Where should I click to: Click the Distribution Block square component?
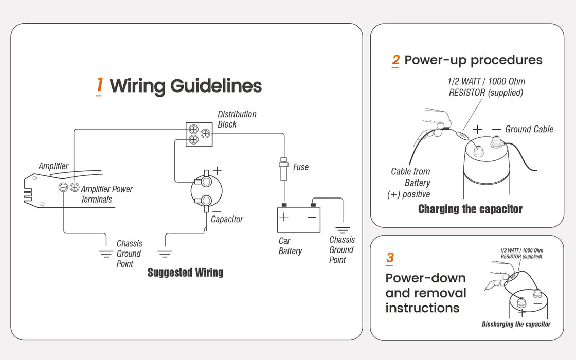tap(199, 134)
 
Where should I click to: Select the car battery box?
tap(299, 220)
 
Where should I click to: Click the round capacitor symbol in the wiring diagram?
tap(205, 191)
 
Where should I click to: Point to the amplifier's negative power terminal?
tap(64, 188)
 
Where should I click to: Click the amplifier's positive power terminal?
tap(74, 188)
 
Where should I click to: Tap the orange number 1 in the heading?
tap(100, 85)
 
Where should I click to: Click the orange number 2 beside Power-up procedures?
tap(395, 60)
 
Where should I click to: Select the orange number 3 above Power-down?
tap(390, 258)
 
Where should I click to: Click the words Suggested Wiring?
tap(185, 272)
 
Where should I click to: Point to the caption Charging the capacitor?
tap(470, 209)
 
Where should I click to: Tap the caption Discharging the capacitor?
tap(516, 324)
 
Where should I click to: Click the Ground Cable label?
tap(529, 129)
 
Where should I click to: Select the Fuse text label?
tap(300, 167)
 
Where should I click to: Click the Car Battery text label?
tap(290, 246)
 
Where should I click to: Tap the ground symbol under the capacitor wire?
tap(165, 254)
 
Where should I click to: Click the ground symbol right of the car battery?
tap(343, 230)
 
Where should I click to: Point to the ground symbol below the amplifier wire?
tap(106, 254)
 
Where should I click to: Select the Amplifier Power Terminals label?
tap(106, 194)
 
